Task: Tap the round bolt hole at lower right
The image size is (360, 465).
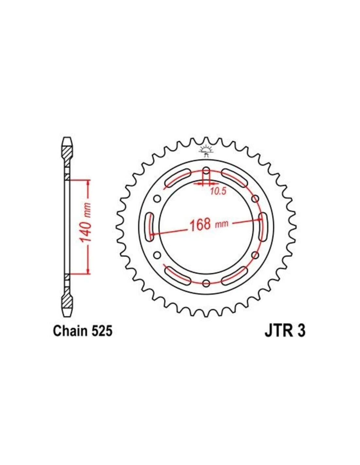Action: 255,255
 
